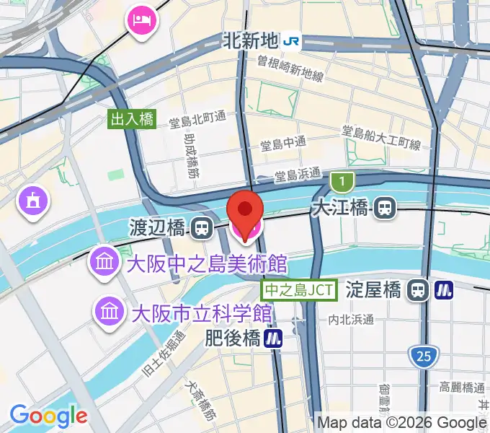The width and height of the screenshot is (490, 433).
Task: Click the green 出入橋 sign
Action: pyautogui.click(x=133, y=120)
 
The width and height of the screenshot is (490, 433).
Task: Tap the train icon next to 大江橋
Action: pyautogui.click(x=386, y=209)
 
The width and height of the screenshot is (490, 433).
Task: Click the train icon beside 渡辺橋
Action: pyautogui.click(x=202, y=229)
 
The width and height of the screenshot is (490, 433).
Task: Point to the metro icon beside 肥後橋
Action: pyautogui.click(x=272, y=337)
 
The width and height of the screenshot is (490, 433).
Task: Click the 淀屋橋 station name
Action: pyautogui.click(x=373, y=290)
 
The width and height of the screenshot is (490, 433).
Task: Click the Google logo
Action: pyautogui.click(x=48, y=415)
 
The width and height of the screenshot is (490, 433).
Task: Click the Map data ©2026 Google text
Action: pyautogui.click(x=402, y=423)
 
